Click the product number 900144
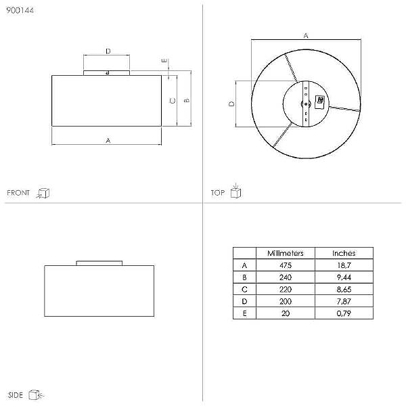tap(20, 10)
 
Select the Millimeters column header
tap(286, 253)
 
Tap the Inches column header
tap(344, 253)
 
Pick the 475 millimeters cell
tap(286, 265)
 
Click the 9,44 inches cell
tap(344, 277)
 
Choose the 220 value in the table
tap(286, 289)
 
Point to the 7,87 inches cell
tap(344, 301)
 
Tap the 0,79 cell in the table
tap(344, 313)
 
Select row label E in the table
tap(244, 313)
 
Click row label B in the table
tap(244, 277)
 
